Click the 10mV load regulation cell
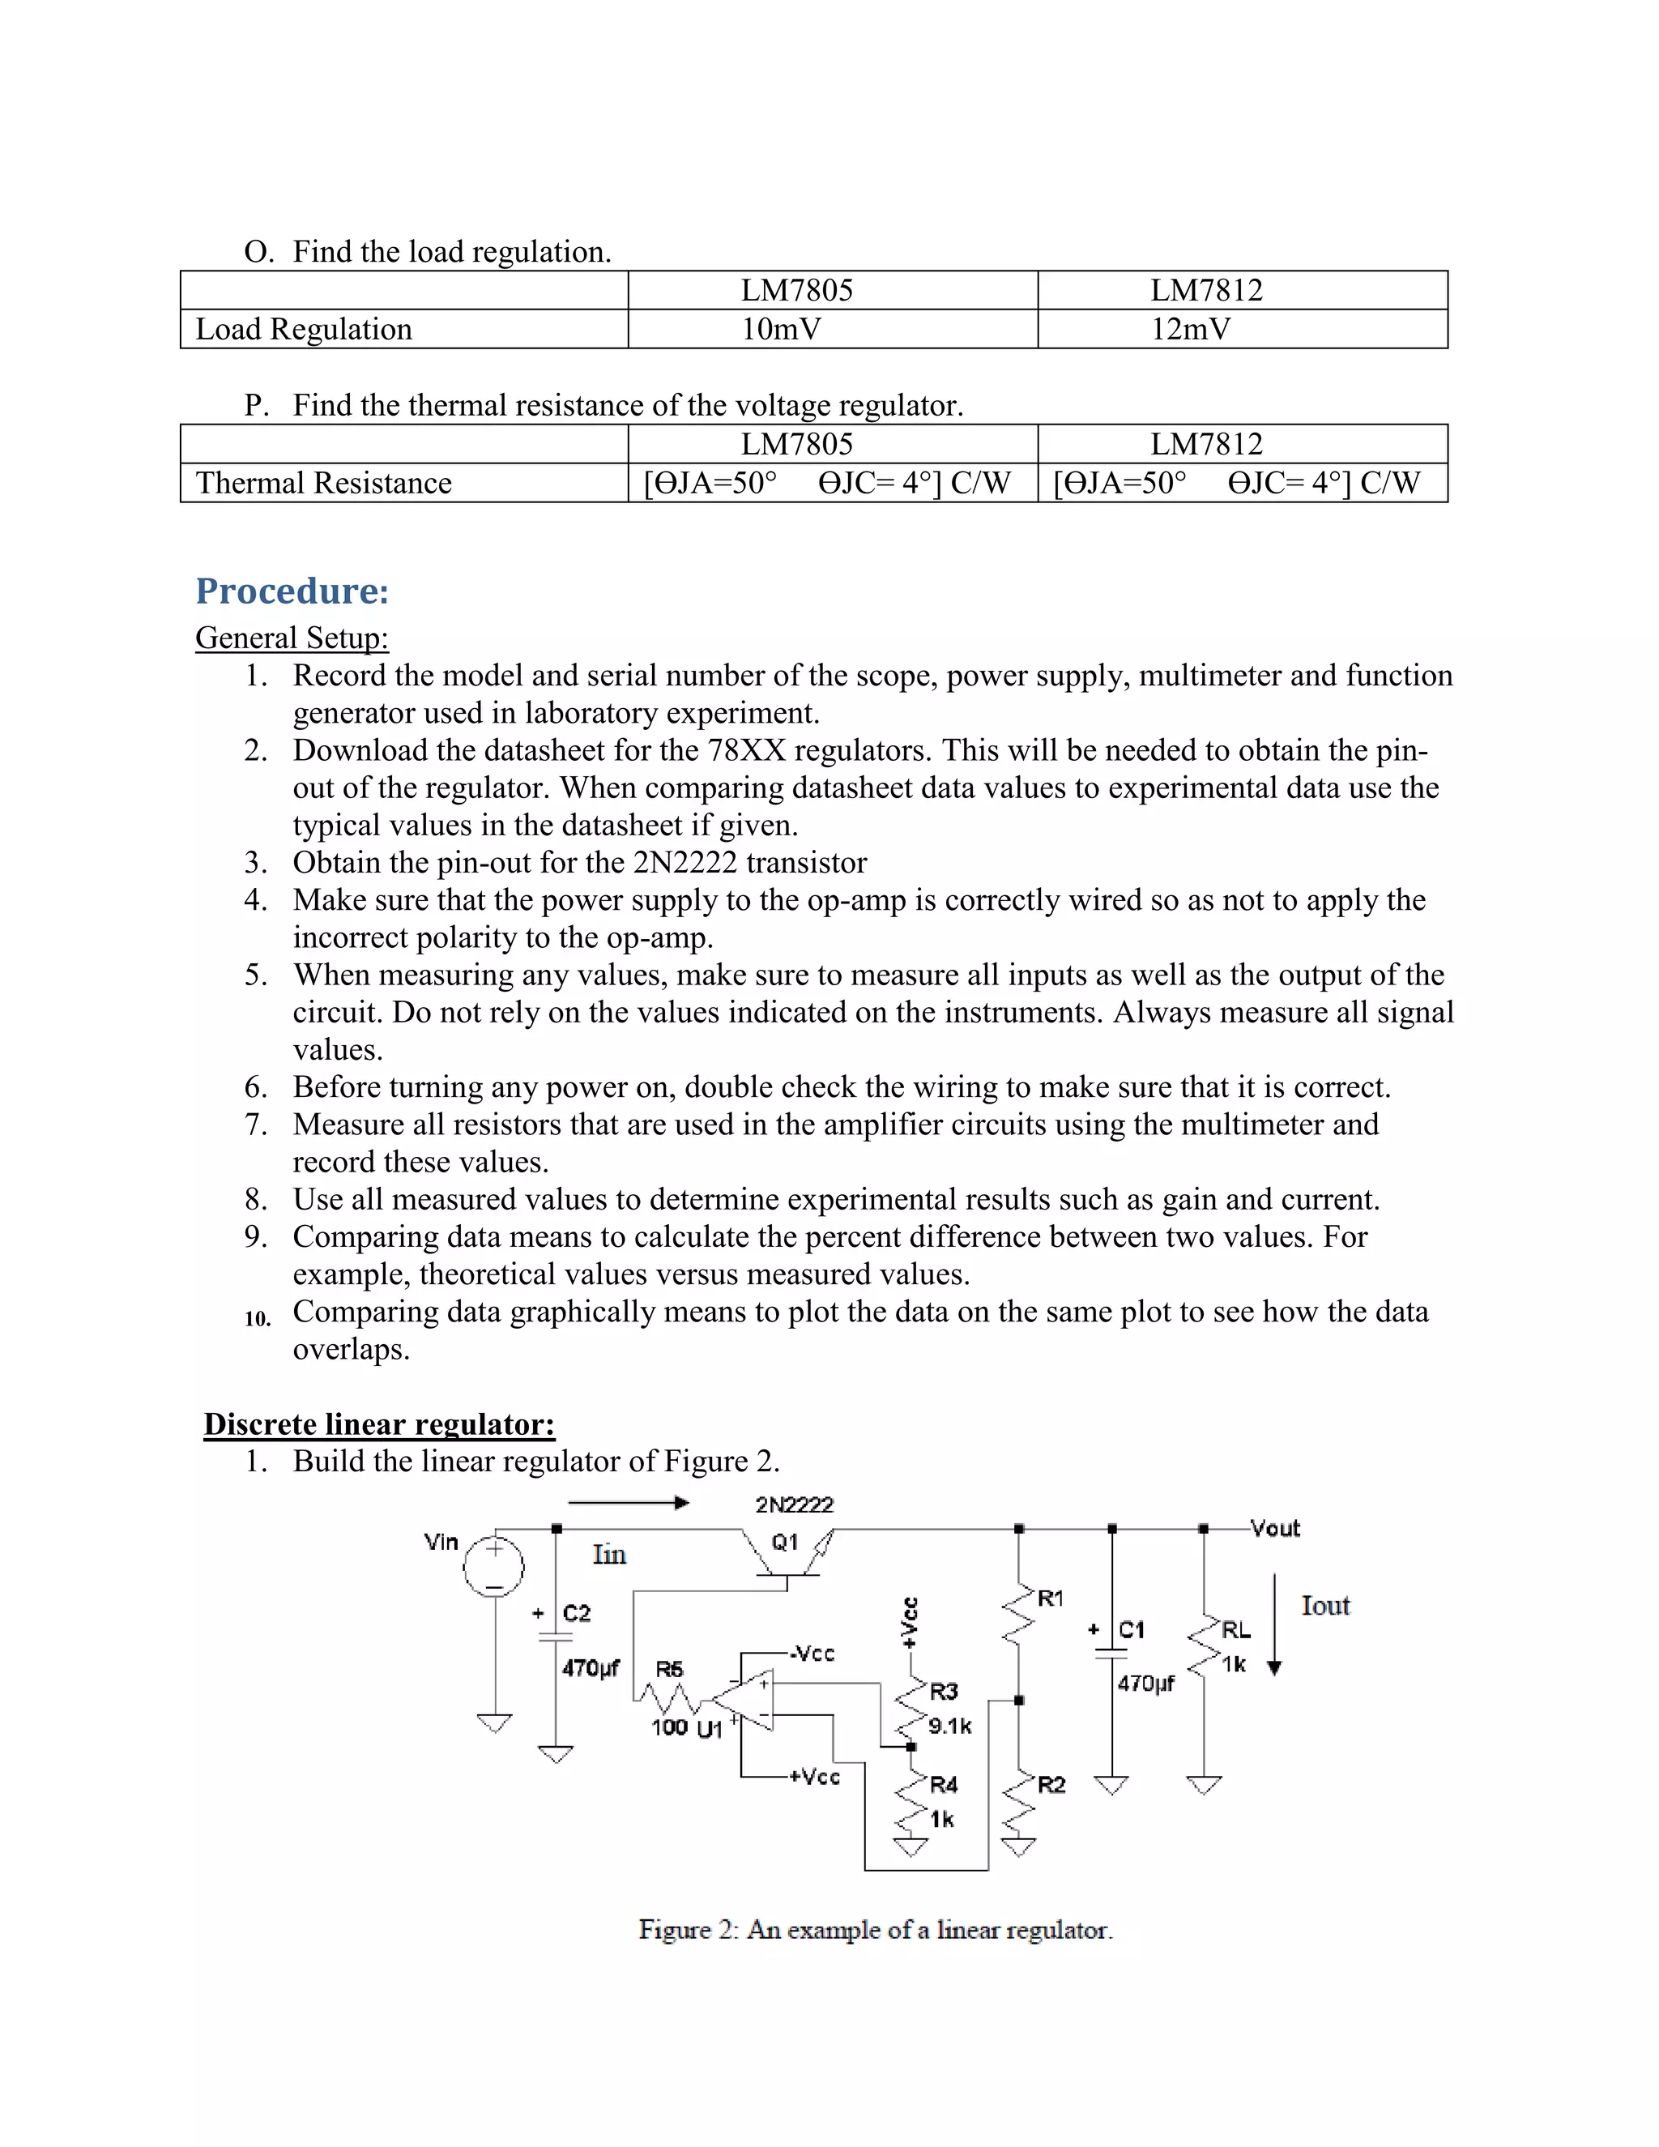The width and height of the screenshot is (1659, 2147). (782, 329)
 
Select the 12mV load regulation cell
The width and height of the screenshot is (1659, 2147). (1190, 329)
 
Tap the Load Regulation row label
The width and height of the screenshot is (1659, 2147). (304, 329)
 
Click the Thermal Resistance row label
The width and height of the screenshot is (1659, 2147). (323, 483)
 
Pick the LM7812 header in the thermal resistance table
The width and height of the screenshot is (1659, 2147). (1206, 444)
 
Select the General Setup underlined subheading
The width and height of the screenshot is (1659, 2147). (292, 638)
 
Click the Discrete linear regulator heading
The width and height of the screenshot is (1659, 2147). (378, 1424)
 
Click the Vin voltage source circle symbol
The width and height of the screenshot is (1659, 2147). (493, 1565)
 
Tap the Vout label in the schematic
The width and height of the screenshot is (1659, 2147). (1275, 1529)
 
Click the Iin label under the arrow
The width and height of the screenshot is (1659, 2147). (609, 1554)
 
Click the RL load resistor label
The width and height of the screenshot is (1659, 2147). (1236, 1630)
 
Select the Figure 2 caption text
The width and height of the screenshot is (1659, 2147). (875, 1931)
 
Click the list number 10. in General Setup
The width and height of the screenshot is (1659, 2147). (258, 1319)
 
